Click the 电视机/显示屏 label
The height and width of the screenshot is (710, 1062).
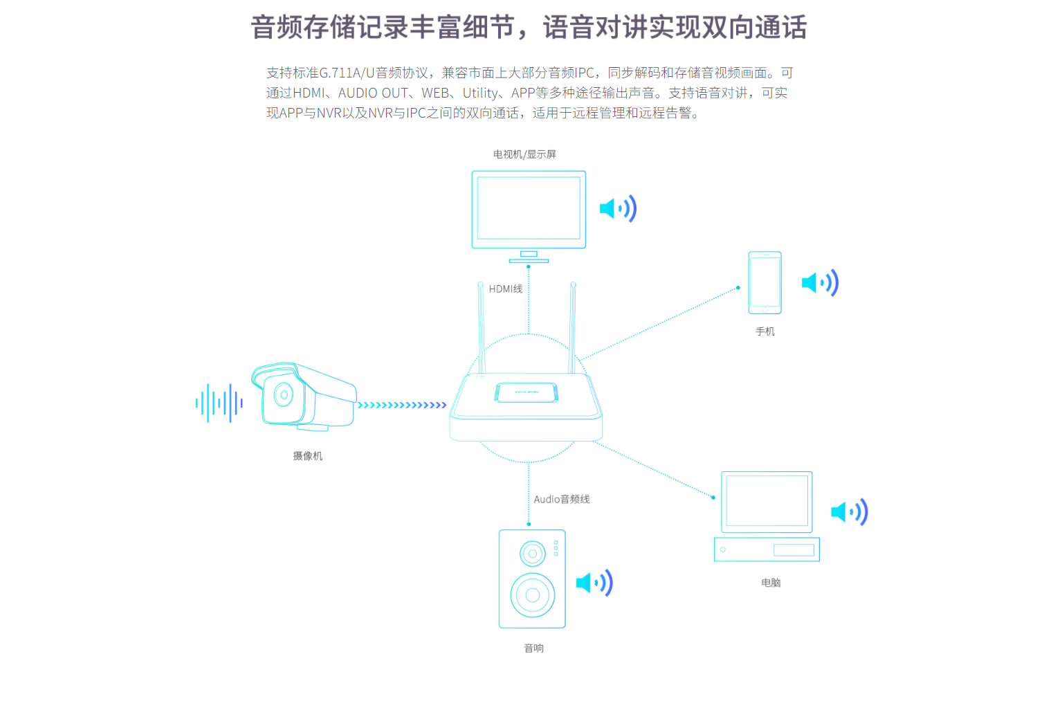524,154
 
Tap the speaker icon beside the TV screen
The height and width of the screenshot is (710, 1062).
617,208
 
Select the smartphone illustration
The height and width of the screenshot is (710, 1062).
765,282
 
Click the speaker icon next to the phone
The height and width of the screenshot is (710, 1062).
819,282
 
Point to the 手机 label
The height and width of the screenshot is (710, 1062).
765,331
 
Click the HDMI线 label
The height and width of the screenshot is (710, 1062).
505,289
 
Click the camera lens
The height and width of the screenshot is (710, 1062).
283,394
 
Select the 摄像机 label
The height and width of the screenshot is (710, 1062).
307,456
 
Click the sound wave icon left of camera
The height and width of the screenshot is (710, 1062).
219,403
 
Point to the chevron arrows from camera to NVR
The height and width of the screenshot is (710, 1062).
402,406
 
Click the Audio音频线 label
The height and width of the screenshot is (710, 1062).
561,500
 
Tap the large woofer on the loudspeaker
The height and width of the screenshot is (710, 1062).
532,595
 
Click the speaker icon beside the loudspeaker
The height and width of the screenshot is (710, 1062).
594,583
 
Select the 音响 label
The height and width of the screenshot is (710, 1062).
533,648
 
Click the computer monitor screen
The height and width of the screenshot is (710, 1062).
767,501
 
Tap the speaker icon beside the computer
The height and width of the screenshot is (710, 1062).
849,512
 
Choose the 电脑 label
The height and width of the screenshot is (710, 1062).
770,583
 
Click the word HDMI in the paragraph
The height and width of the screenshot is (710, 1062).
308,93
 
